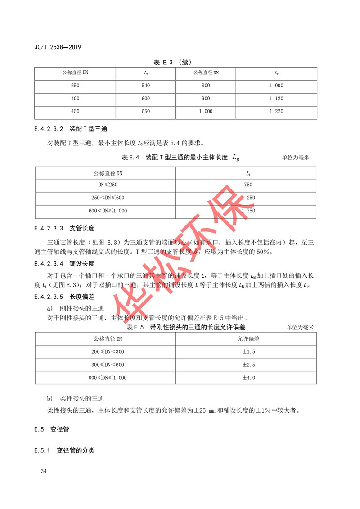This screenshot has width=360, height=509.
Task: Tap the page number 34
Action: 44,471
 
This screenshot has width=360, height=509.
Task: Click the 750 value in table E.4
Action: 248,185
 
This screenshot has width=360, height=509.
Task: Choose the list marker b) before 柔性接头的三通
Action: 50,399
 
